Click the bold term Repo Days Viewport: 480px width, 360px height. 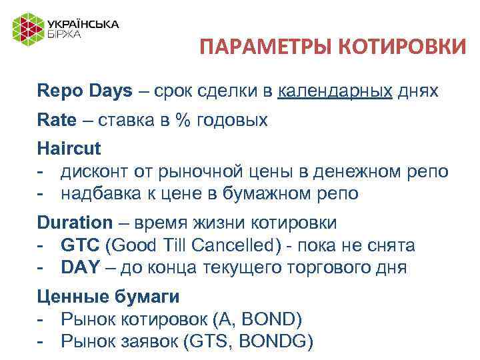tap(85, 91)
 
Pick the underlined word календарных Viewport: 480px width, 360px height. tap(335, 91)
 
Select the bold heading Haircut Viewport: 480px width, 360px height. tap(69, 148)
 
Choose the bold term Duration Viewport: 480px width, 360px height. tap(75, 222)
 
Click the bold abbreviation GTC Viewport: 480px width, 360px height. tap(79, 245)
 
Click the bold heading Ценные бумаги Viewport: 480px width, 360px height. tap(108, 296)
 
